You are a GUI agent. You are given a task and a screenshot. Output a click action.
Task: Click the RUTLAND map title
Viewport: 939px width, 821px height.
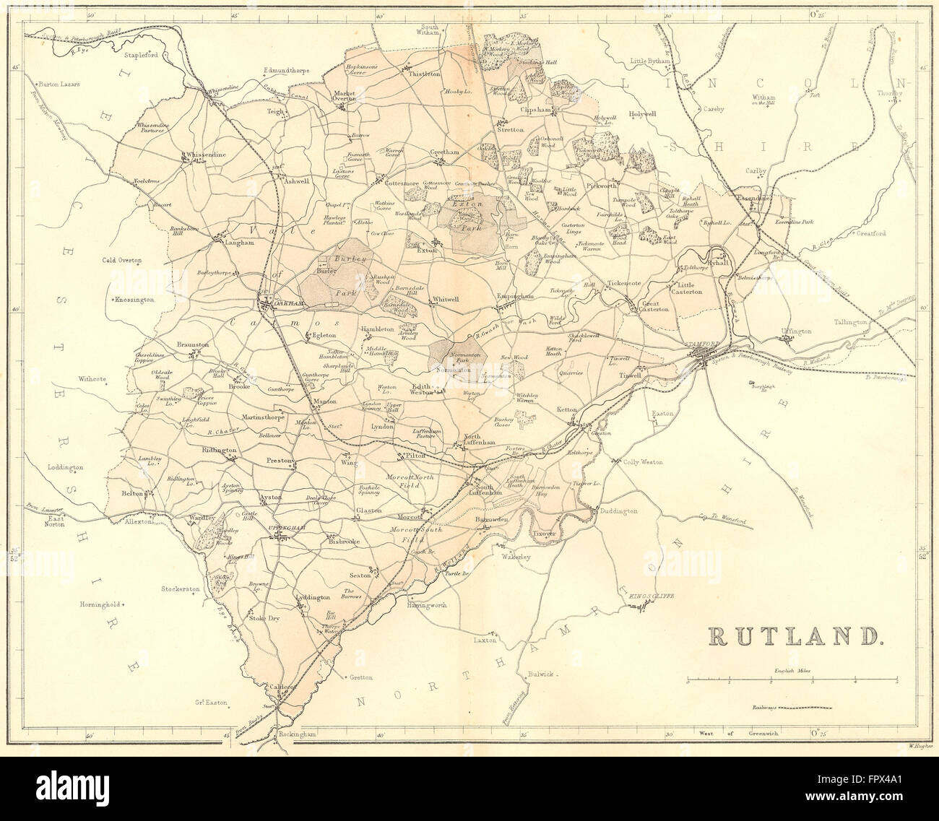coord(796,635)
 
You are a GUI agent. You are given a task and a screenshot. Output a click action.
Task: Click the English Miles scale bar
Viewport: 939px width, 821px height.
coord(792,680)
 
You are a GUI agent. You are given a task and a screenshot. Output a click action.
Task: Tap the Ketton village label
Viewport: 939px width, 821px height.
coord(567,409)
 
